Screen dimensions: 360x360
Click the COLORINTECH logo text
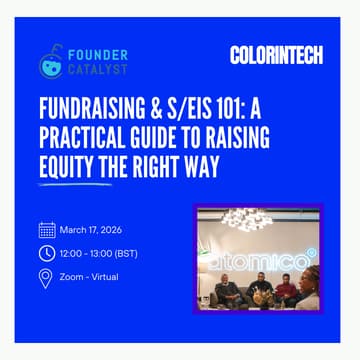coord(275,56)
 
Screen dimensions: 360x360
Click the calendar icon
coord(46,229)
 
